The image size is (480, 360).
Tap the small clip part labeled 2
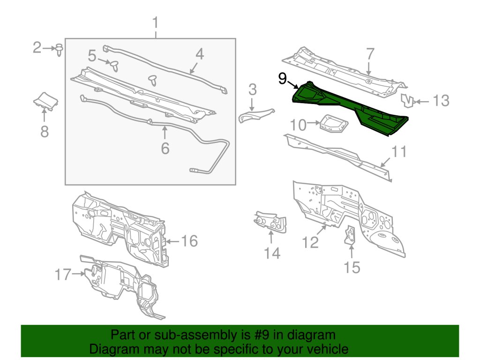pos(59,49)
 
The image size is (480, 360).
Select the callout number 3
pos(253,89)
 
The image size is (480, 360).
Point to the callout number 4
pos(200,54)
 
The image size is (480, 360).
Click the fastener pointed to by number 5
pos(113,64)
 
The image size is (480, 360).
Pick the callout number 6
pos(165,148)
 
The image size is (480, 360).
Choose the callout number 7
pos(370,54)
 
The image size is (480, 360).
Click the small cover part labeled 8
pos(45,100)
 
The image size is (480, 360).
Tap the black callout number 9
pos(282,78)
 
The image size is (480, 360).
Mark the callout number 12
pos(310,242)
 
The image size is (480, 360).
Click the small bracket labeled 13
pos(407,99)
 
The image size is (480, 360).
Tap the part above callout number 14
pos(271,221)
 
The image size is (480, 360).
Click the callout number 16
pos(189,241)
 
